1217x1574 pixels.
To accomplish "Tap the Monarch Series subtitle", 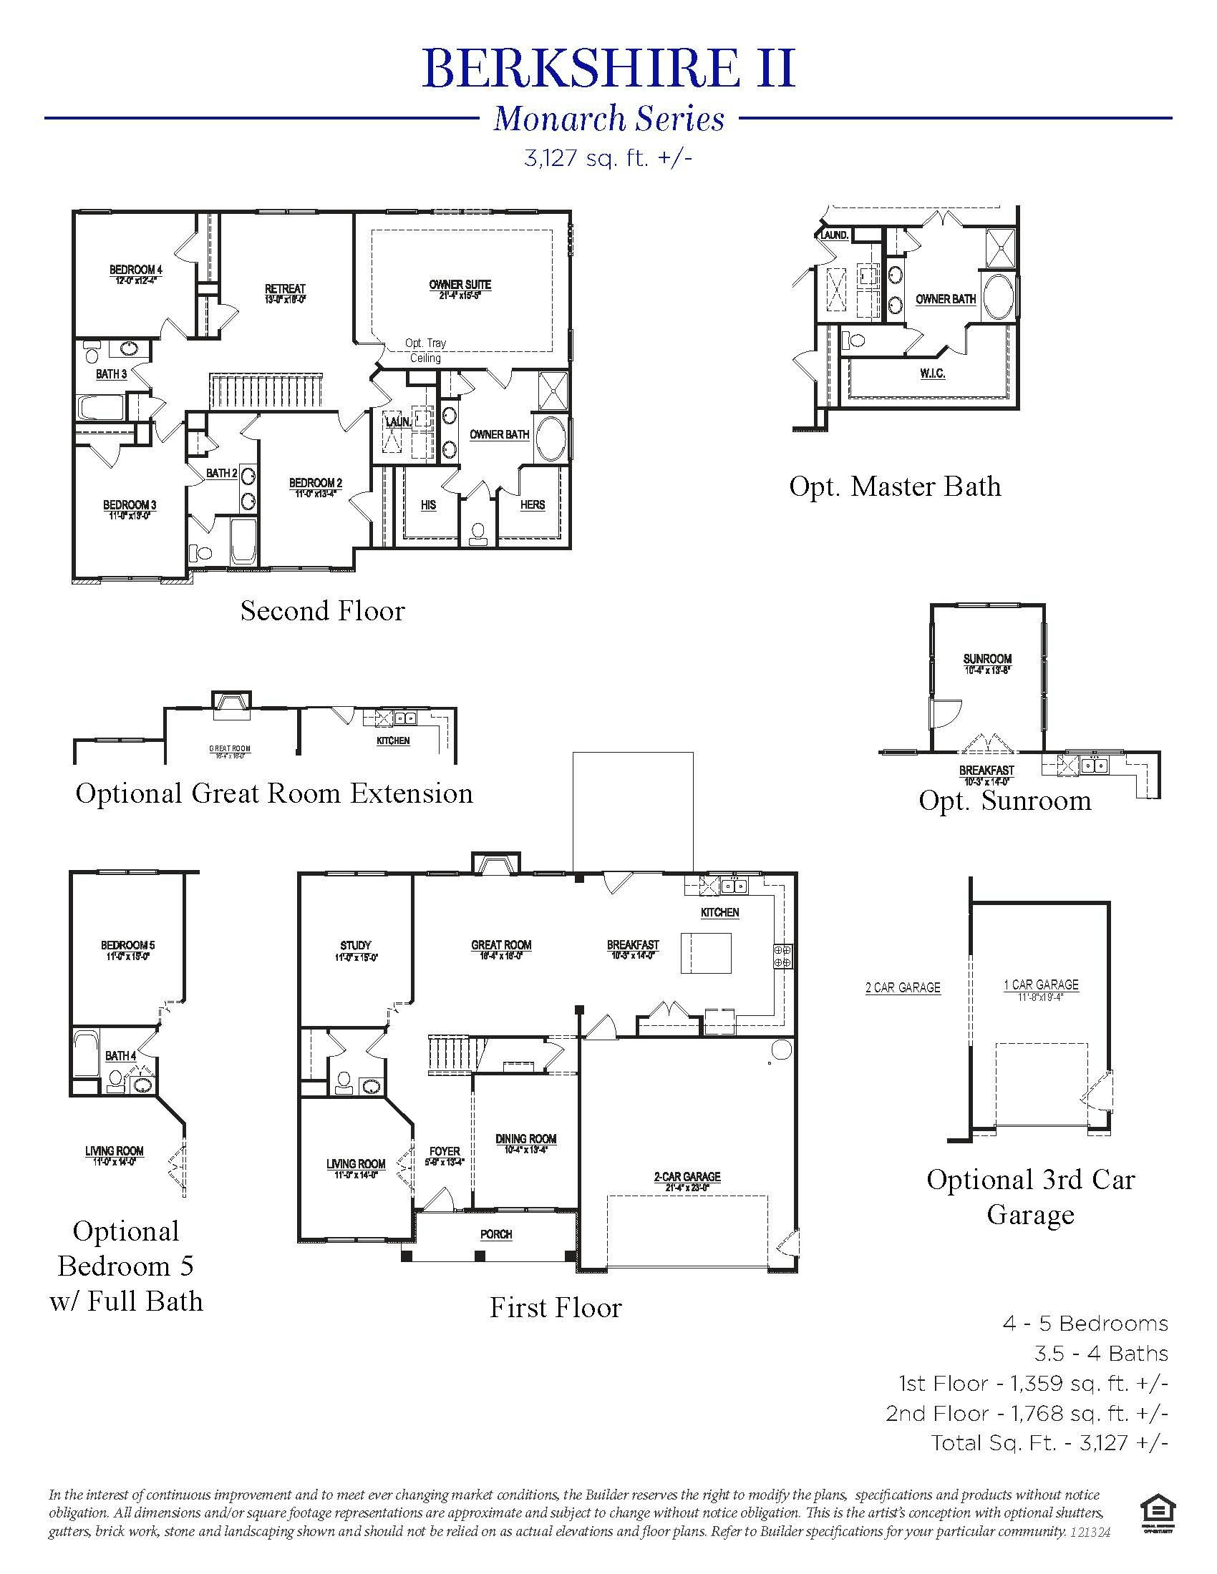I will coord(608,119).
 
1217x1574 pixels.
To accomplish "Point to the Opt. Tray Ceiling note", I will coord(425,351).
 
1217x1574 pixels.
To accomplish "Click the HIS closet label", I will coord(428,505).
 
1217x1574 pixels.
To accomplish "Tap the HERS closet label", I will coord(532,505).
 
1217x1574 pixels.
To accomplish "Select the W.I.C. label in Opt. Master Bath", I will coord(932,373).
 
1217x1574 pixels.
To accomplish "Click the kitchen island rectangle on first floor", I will coord(707,953).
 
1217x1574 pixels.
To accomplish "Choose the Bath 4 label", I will coord(120,1056).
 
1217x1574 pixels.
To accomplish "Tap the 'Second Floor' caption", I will coord(322,611).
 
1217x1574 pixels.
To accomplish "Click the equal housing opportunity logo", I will coord(1158,1514).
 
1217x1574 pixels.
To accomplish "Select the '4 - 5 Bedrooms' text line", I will coord(1085,1324).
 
